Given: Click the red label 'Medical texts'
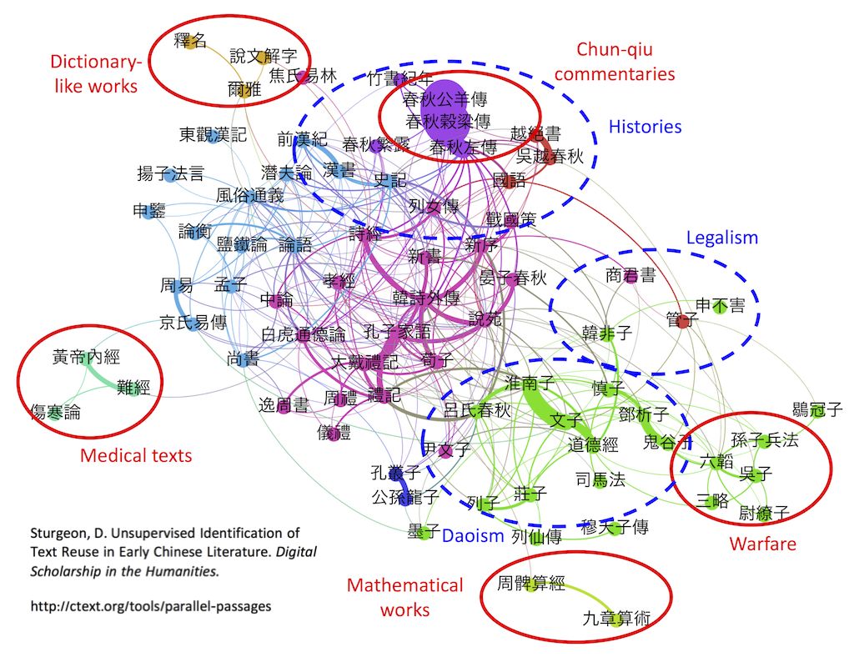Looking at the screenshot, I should (136, 455).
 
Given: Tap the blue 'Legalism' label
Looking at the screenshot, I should (722, 238).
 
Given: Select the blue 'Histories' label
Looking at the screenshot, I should (645, 127).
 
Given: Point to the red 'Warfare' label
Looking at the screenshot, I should (763, 544).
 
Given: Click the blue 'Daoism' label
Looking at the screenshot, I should (473, 536).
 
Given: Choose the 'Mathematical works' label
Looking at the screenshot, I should (404, 597).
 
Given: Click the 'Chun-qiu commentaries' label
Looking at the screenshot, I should (614, 62).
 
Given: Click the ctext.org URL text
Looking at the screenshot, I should (150, 606).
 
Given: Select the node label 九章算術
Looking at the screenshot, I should (615, 619).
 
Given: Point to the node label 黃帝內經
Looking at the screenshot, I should (86, 358).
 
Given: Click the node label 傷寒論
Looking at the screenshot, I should (55, 411).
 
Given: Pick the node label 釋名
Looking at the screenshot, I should (189, 40).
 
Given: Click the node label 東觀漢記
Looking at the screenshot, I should (213, 134).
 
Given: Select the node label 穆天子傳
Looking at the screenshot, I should (615, 527).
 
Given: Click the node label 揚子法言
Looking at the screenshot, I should (170, 174).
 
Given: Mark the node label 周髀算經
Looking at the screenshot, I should (530, 584).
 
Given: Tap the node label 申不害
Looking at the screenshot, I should (721, 306).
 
